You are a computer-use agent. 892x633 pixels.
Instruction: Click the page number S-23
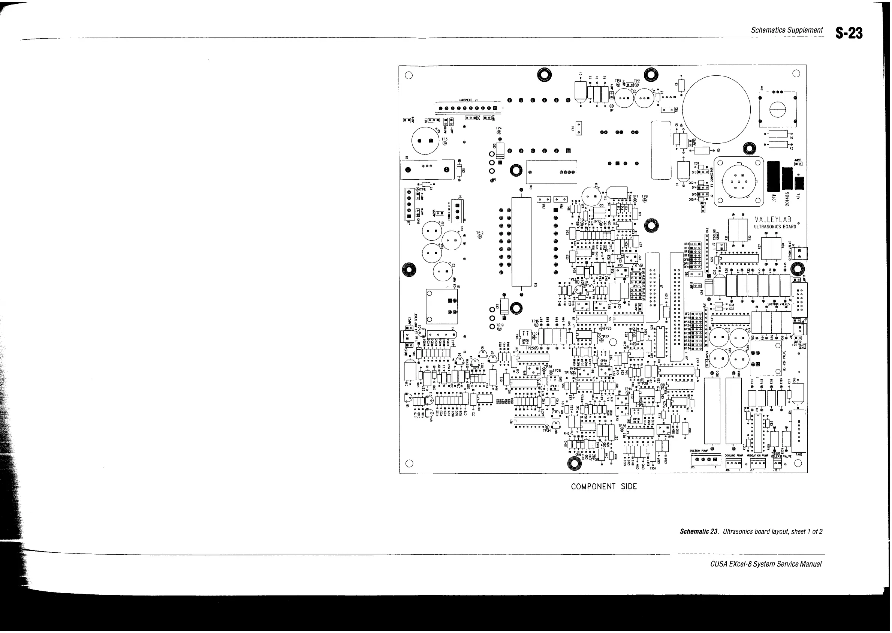coord(850,33)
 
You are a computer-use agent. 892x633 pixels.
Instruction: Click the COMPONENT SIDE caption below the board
coord(604,486)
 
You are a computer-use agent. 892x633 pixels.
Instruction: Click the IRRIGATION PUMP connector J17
coord(757,463)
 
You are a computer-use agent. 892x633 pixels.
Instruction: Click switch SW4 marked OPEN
coord(525,339)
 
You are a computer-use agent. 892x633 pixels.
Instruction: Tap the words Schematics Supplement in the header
coord(786,30)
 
